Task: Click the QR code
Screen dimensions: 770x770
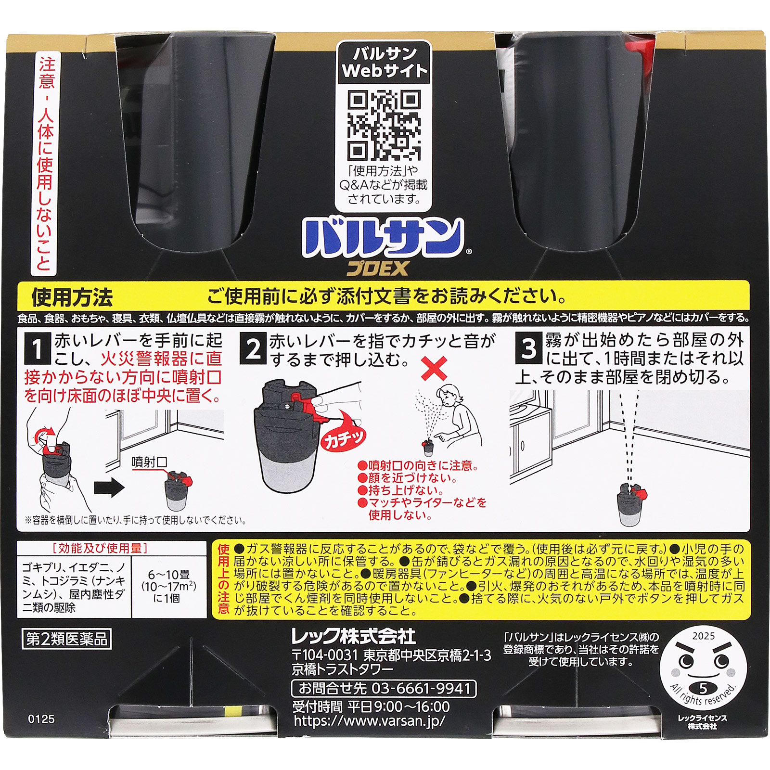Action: click(x=384, y=125)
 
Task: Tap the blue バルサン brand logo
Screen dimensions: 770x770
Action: click(x=383, y=238)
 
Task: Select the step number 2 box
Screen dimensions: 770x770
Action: click(x=253, y=349)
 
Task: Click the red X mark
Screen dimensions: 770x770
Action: click(x=434, y=369)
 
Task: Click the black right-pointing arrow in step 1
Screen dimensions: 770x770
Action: click(x=109, y=488)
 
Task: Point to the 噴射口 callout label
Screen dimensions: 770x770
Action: click(x=149, y=462)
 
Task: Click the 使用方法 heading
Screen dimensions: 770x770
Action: click(x=72, y=297)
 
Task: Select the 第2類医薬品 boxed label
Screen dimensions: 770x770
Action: click(x=66, y=639)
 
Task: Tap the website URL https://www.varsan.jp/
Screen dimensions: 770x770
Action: click(x=369, y=720)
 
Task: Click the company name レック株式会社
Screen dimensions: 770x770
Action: click(x=354, y=637)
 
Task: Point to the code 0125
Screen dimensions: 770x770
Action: click(x=41, y=719)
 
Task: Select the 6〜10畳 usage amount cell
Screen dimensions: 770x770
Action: click(x=168, y=586)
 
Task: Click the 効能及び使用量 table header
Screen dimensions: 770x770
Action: click(x=100, y=548)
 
